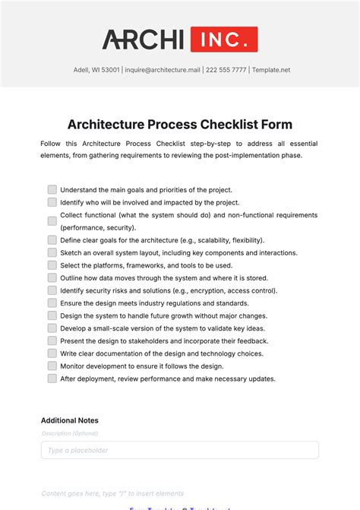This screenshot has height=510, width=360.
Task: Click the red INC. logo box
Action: (x=223, y=40)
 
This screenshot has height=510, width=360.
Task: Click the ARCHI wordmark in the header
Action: (x=143, y=40)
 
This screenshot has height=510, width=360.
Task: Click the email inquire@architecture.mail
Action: (x=158, y=70)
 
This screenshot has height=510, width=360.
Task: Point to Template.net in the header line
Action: (x=271, y=70)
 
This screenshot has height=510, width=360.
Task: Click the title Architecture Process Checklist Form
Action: (x=180, y=124)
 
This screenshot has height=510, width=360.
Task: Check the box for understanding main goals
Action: (x=52, y=189)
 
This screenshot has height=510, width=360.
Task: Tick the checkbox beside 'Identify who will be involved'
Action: (x=52, y=202)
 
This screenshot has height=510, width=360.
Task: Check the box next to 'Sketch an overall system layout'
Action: (x=52, y=252)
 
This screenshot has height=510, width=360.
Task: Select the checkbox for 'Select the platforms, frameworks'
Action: (x=52, y=265)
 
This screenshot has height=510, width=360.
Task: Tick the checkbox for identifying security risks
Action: (x=52, y=290)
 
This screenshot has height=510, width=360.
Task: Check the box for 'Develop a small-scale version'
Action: (x=52, y=328)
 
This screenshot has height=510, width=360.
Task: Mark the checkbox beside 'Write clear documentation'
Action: (x=52, y=353)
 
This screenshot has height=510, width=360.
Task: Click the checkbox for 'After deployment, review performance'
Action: (x=52, y=379)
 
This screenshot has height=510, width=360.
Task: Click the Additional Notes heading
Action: (x=70, y=420)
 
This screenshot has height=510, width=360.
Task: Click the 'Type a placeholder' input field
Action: (x=180, y=450)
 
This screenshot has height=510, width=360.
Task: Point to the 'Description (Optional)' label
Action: (x=70, y=433)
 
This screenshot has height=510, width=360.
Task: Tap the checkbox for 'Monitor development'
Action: (x=52, y=366)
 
